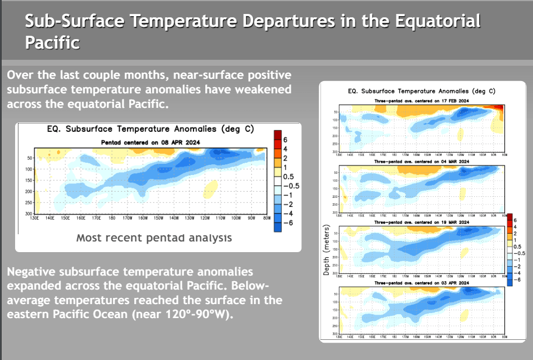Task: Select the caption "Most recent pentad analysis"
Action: (x=154, y=238)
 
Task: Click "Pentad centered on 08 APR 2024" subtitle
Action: (x=150, y=143)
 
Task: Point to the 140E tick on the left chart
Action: (x=50, y=219)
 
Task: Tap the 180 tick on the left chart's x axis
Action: (x=112, y=219)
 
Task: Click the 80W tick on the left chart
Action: (x=267, y=219)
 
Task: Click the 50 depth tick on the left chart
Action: (x=29, y=158)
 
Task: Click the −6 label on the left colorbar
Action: (x=289, y=222)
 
